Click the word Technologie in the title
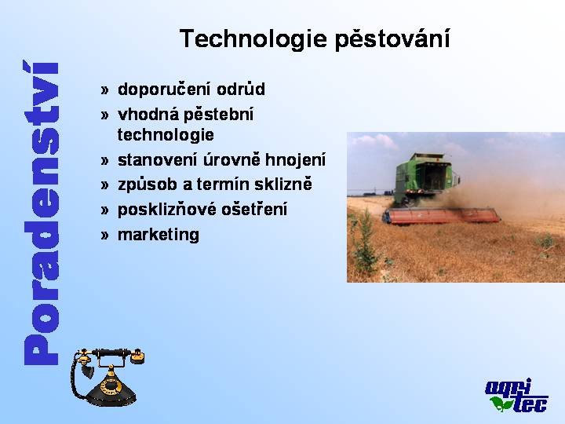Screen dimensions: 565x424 click(x=253, y=39)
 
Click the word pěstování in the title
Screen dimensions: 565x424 click(x=393, y=38)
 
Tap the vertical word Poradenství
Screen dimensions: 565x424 click(x=41, y=213)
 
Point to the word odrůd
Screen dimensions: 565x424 click(x=241, y=89)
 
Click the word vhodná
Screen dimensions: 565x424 click(x=148, y=115)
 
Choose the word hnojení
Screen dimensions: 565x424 click(x=295, y=160)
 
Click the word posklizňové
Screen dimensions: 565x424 click(x=167, y=210)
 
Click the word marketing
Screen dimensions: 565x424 click(x=159, y=235)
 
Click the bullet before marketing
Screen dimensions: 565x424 click(x=104, y=236)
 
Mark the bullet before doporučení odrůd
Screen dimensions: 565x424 click(x=104, y=90)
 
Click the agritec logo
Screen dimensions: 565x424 click(x=516, y=395)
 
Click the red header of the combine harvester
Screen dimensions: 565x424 click(x=441, y=216)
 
